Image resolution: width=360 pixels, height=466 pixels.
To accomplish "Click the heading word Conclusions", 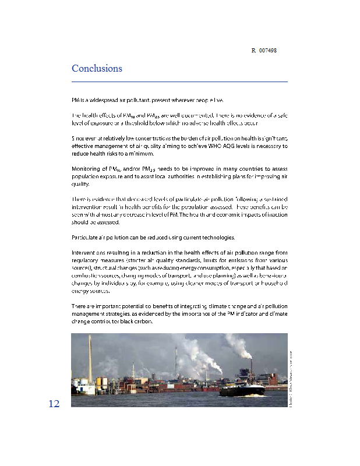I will pos(97,68).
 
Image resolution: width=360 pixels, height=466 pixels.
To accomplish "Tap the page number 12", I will pos(54,404).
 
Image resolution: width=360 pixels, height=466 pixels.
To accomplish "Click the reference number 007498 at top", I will pos(268,51).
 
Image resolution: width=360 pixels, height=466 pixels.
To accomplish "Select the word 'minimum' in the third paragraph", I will pos(140,154).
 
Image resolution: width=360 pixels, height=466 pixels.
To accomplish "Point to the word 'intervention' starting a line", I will pos(87,207).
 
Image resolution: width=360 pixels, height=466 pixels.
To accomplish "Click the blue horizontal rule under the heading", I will pos(179,82).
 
